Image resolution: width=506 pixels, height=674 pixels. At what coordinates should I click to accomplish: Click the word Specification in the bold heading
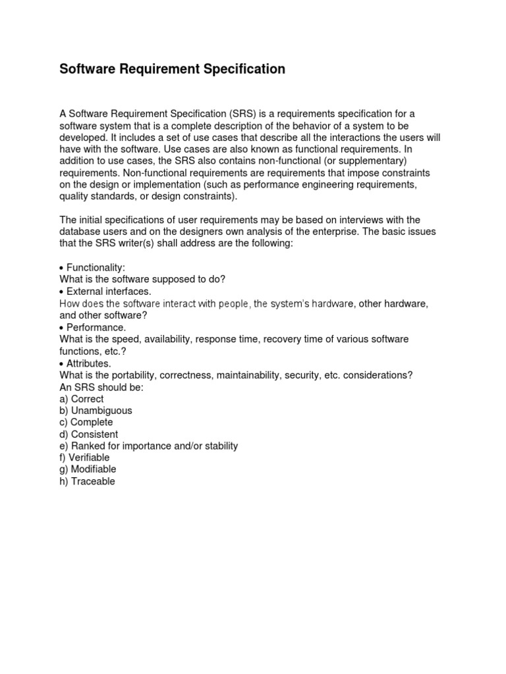tap(244, 69)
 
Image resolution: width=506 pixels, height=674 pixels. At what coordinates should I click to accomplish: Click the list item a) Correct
tap(82, 399)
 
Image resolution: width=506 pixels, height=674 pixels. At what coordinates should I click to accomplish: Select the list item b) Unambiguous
tap(96, 411)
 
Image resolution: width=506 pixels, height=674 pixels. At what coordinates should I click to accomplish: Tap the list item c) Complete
tap(86, 423)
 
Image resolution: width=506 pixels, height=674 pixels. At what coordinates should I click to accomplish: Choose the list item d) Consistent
tap(89, 434)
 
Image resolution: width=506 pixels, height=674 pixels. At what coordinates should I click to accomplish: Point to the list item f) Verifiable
tap(84, 457)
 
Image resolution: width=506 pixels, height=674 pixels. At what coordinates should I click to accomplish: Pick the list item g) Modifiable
tap(88, 469)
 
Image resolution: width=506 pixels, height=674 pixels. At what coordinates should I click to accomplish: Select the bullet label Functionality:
tap(96, 267)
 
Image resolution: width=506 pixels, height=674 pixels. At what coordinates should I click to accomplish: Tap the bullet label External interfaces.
tap(109, 291)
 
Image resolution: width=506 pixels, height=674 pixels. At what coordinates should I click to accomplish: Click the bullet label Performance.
tap(96, 327)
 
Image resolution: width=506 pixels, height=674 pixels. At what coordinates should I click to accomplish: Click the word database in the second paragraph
tap(79, 232)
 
